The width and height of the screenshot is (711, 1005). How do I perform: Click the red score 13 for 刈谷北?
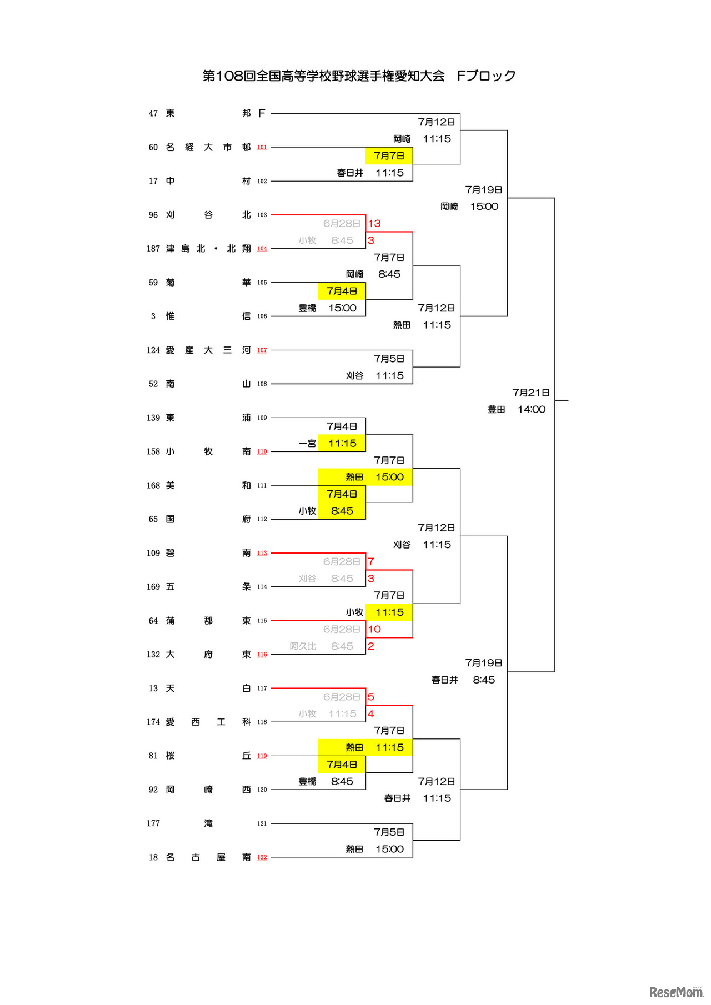(374, 223)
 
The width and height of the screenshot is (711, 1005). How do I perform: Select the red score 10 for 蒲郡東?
(374, 629)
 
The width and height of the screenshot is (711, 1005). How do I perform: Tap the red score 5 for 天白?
(371, 697)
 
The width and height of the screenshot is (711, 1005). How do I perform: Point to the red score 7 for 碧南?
(371, 561)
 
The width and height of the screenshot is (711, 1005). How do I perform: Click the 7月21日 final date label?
(531, 393)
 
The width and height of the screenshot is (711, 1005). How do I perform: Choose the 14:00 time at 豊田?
(532, 409)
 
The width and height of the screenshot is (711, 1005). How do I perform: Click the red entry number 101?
(262, 147)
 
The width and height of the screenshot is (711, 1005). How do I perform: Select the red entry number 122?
(262, 857)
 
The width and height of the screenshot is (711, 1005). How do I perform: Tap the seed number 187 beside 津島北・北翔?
(153, 249)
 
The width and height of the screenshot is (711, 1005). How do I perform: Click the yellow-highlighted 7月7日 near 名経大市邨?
(389, 155)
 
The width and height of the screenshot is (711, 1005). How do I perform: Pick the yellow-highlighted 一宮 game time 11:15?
(342, 443)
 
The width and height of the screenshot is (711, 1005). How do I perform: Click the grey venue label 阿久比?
(303, 646)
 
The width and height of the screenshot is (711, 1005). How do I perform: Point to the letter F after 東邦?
(262, 113)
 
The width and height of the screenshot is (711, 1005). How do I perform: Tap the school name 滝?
(208, 823)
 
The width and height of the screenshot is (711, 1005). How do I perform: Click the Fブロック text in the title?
(487, 76)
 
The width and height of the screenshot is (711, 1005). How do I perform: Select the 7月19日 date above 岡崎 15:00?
(484, 189)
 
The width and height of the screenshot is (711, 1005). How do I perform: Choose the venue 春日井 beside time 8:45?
(445, 680)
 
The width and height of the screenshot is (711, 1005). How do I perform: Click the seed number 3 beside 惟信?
(153, 316)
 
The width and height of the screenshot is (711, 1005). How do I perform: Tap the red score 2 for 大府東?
(371, 646)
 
